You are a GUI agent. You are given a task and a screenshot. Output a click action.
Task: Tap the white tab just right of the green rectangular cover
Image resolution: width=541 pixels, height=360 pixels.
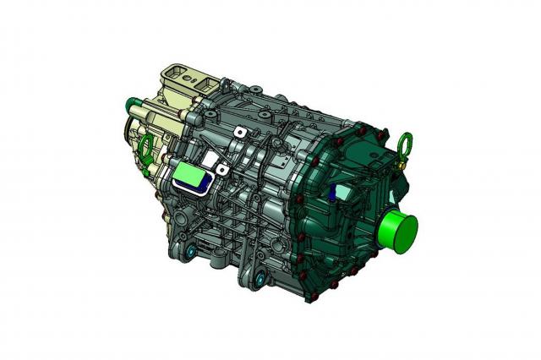click(221, 169)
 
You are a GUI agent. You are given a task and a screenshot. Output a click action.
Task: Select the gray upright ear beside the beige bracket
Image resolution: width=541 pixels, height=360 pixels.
click(227, 86)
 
